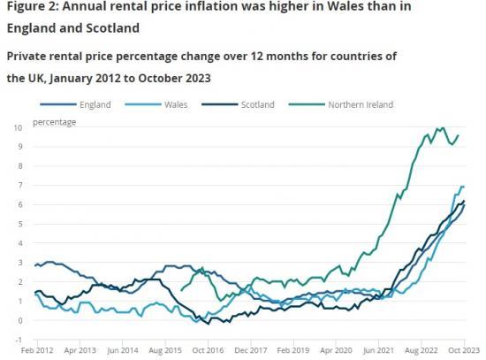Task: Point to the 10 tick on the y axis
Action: click(x=18, y=127)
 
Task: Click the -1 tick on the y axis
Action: click(x=18, y=340)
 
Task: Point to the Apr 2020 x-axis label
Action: click(x=335, y=352)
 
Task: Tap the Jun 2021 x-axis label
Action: click(x=378, y=352)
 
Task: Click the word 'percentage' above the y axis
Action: click(x=55, y=121)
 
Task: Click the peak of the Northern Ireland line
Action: click(x=440, y=128)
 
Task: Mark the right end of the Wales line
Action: click(x=465, y=187)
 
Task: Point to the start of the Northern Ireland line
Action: click(x=181, y=289)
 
